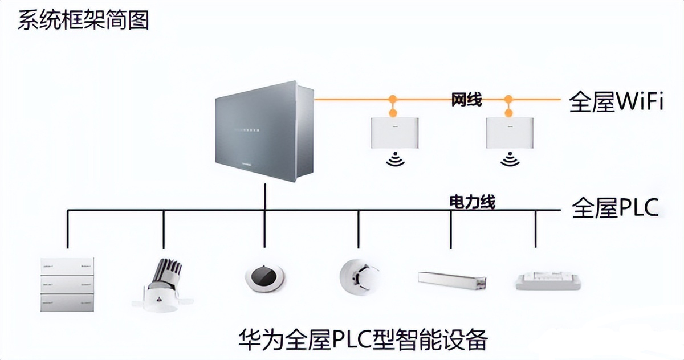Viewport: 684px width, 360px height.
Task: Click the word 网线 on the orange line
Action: (466, 100)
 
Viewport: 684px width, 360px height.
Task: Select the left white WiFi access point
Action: (394, 133)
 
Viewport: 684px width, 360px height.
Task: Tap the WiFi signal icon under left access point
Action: (394, 161)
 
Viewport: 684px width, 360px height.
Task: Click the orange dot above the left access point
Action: (393, 100)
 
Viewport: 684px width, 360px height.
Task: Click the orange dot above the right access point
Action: (508, 100)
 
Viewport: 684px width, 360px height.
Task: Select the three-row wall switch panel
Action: (67, 283)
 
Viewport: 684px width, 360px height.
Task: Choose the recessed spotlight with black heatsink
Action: (164, 284)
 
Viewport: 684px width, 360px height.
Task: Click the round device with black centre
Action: (265, 278)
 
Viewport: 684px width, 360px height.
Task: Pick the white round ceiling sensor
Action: (358, 277)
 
